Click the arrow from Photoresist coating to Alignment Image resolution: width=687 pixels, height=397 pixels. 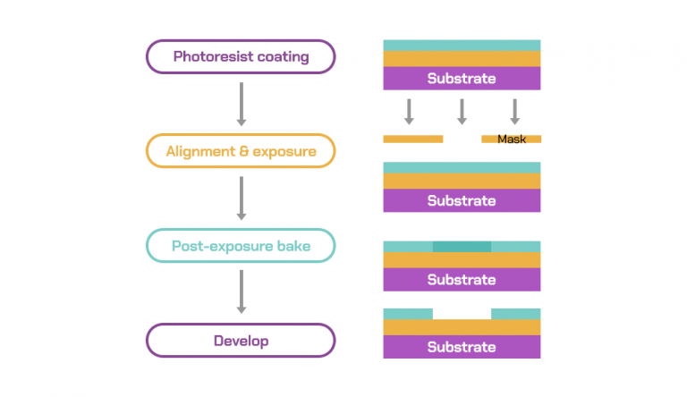[241, 105]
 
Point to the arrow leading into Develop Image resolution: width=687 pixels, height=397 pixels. [241, 291]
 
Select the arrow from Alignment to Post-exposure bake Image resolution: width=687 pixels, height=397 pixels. [241, 198]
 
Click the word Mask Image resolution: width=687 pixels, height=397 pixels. [512, 139]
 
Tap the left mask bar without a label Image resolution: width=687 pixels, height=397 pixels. [413, 139]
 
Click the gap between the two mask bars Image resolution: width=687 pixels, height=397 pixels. [462, 139]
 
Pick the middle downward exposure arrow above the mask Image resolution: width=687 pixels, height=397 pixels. [462, 112]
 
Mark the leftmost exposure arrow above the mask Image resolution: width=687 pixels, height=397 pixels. [409, 112]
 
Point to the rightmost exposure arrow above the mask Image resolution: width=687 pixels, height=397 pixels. [515, 112]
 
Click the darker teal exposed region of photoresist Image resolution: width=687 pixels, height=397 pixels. [462, 246]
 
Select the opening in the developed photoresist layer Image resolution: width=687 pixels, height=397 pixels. [462, 314]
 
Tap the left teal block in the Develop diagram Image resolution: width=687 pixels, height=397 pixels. [408, 314]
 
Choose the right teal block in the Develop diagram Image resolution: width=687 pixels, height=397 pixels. [515, 314]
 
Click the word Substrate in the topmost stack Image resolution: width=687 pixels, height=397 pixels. [462, 79]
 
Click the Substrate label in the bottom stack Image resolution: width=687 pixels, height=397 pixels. [462, 347]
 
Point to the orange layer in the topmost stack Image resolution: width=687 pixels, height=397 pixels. [462, 59]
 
